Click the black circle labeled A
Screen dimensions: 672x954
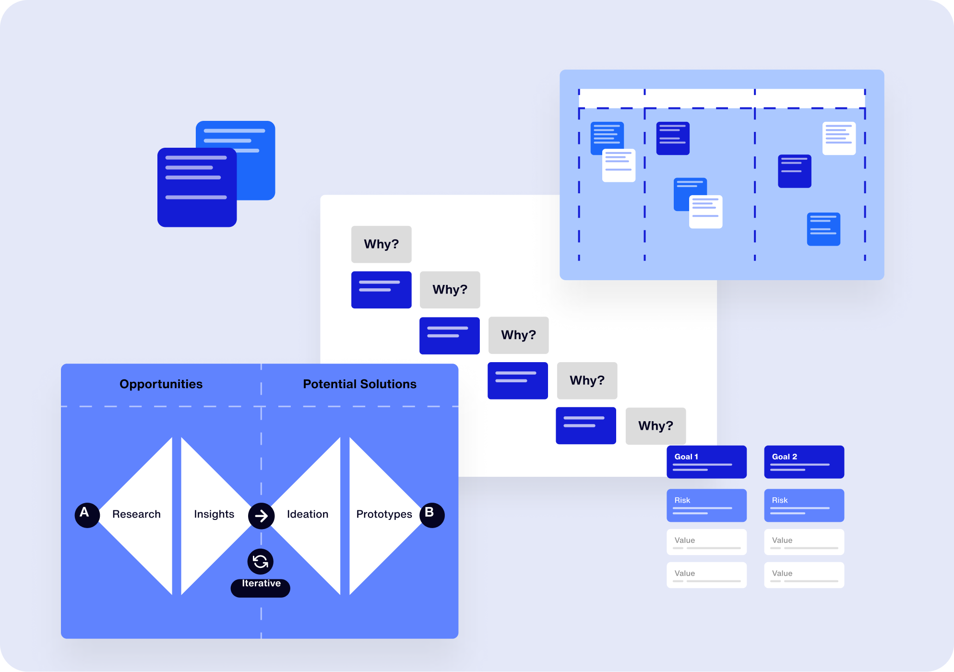[87, 515]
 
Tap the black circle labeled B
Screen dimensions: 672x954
[432, 515]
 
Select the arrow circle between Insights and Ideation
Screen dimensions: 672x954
[261, 516]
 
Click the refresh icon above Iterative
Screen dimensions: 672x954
[261, 561]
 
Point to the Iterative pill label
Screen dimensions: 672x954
[261, 587]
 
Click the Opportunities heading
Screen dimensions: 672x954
[161, 384]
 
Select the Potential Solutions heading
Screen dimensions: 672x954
[359, 384]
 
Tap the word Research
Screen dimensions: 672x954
[136, 514]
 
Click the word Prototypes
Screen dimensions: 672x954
[384, 514]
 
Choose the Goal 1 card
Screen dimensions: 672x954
[706, 462]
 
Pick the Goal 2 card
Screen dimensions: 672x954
[804, 462]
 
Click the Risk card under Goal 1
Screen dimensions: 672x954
[706, 505]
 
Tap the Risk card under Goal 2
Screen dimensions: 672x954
[804, 505]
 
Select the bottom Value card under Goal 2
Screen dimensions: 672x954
[804, 575]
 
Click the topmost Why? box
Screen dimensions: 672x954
[381, 244]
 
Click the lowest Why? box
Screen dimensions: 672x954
[656, 426]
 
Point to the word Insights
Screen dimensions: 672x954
[214, 514]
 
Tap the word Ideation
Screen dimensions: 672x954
[308, 514]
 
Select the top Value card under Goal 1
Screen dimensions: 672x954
[706, 542]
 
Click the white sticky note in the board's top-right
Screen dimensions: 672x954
[839, 138]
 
